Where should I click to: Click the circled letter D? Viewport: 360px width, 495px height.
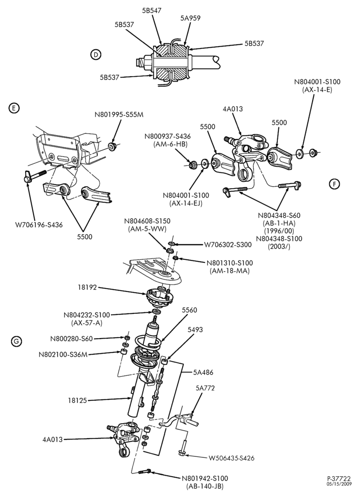(x=95, y=55)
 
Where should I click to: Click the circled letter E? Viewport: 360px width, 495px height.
(x=14, y=108)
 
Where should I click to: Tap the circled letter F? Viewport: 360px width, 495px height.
(x=334, y=184)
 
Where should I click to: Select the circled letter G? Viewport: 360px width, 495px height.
(x=16, y=341)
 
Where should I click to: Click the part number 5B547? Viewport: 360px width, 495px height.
(x=152, y=10)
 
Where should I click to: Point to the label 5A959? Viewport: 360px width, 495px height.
(x=190, y=18)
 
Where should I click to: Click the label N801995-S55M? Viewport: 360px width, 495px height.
(x=119, y=115)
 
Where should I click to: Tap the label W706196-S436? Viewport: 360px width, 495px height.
(x=39, y=225)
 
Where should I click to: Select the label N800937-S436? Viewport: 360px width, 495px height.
(x=168, y=137)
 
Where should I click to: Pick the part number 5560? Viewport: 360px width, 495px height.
(x=189, y=310)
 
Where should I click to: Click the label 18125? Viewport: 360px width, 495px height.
(x=77, y=400)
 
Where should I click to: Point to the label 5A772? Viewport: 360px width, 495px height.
(x=205, y=388)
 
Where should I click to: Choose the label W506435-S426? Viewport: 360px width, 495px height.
(x=231, y=458)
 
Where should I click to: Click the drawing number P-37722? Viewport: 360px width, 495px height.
(x=339, y=479)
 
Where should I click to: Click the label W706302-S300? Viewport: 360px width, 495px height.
(x=228, y=245)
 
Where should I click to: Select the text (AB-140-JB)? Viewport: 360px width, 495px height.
(x=205, y=487)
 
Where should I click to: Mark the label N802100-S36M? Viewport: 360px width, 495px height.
(x=63, y=354)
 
